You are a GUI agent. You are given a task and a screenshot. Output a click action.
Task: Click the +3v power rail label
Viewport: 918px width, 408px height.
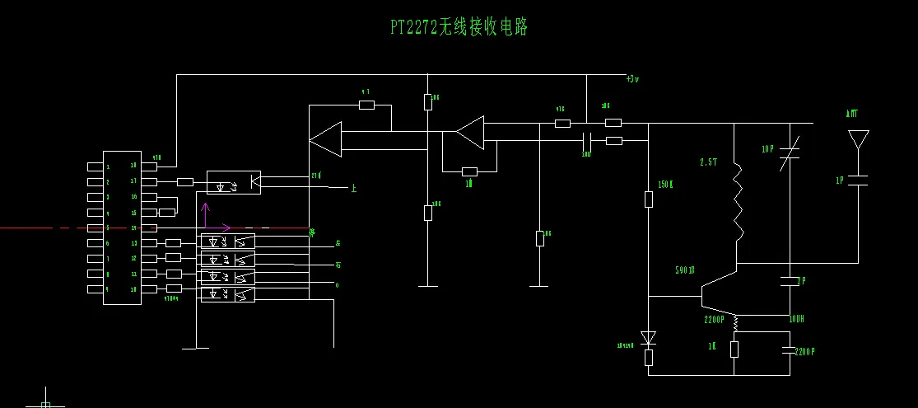tap(632, 79)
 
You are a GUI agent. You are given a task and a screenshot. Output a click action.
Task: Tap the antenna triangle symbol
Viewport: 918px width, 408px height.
tap(858, 139)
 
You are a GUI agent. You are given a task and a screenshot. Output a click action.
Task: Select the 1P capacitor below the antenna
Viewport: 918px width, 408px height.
tap(858, 180)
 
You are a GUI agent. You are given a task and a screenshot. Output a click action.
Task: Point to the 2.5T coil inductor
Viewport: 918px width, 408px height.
tap(737, 202)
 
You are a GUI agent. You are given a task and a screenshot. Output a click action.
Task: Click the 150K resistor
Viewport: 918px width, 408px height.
tap(648, 199)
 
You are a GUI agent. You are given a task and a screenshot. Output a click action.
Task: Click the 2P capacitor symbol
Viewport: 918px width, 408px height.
tap(790, 281)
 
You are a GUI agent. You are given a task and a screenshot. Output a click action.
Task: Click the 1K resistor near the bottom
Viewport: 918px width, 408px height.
tap(734, 349)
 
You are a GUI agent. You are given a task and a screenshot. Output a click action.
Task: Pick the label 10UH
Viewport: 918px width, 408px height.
tap(795, 319)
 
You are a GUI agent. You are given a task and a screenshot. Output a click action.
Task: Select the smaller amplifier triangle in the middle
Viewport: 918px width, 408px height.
tap(471, 132)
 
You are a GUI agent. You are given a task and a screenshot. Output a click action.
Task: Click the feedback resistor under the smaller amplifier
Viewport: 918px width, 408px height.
tap(469, 171)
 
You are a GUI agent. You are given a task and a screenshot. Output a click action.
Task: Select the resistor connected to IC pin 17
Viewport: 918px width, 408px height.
tap(185, 181)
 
